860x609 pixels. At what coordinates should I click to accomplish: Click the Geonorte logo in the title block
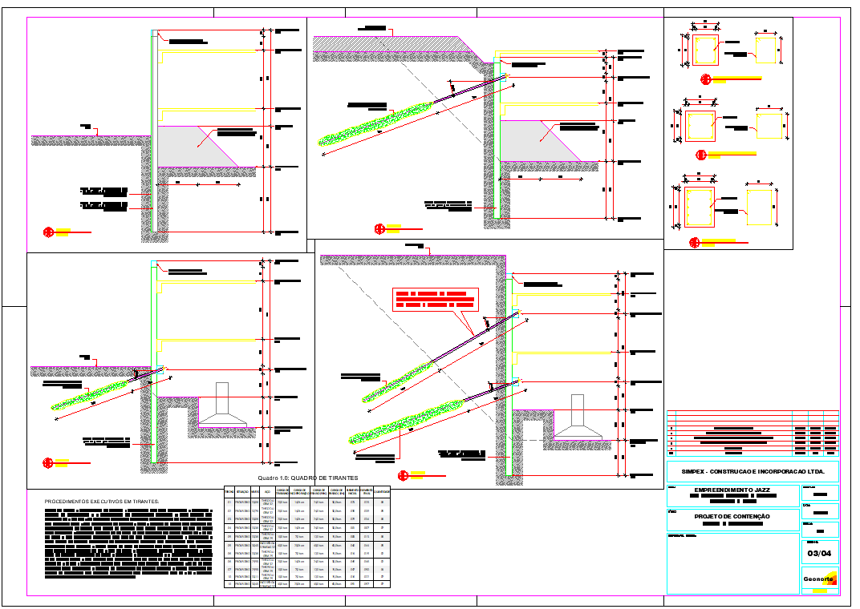819,578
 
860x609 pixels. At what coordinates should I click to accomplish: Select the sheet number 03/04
819,553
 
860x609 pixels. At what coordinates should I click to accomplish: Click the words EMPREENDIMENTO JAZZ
732,490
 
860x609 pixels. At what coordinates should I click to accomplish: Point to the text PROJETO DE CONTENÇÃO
732,516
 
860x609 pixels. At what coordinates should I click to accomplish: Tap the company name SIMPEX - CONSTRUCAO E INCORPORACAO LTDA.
752,471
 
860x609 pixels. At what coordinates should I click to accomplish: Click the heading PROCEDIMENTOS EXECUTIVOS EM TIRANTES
102,502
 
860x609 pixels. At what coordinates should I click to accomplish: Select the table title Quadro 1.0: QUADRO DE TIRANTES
308,478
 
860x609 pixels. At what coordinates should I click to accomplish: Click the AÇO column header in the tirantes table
267,491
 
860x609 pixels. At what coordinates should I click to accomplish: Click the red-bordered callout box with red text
435,299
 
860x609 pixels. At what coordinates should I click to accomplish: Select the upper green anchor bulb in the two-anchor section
398,381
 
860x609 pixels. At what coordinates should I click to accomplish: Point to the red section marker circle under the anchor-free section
48,232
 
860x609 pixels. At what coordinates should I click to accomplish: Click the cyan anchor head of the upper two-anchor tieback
517,313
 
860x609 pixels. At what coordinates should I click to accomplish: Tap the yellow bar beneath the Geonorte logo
819,591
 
